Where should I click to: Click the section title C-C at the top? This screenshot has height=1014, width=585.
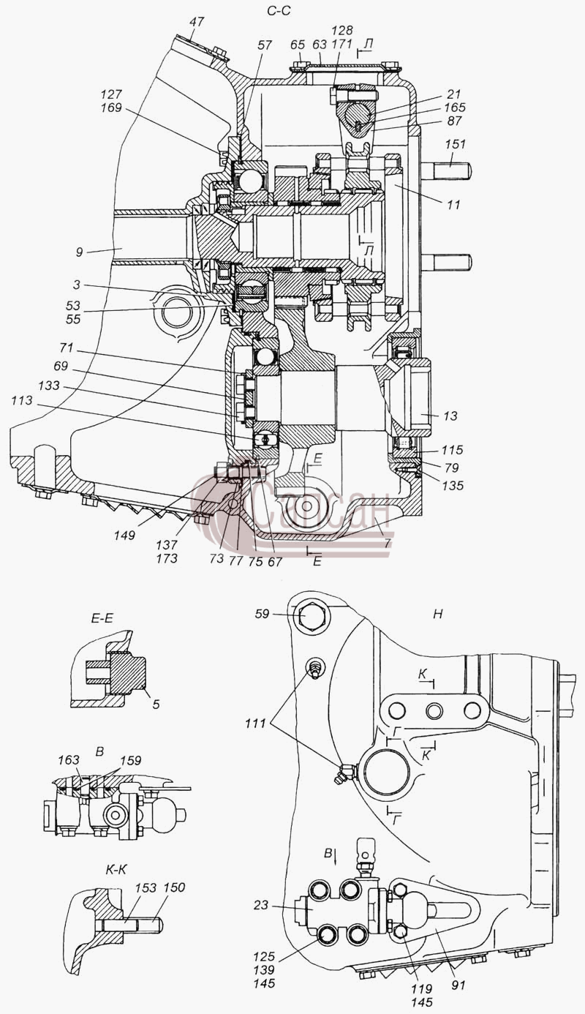tap(279, 10)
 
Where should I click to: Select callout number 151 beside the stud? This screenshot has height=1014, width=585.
tap(455, 144)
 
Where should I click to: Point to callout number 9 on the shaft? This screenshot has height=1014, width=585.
tap(80, 252)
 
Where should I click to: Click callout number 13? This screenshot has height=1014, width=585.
tap(450, 416)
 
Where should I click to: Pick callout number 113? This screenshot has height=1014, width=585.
tap(22, 400)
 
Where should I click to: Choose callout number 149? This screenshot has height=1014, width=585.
tap(124, 535)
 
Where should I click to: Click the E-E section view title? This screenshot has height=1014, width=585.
tap(102, 618)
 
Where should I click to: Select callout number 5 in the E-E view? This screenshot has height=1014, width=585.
tap(156, 705)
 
